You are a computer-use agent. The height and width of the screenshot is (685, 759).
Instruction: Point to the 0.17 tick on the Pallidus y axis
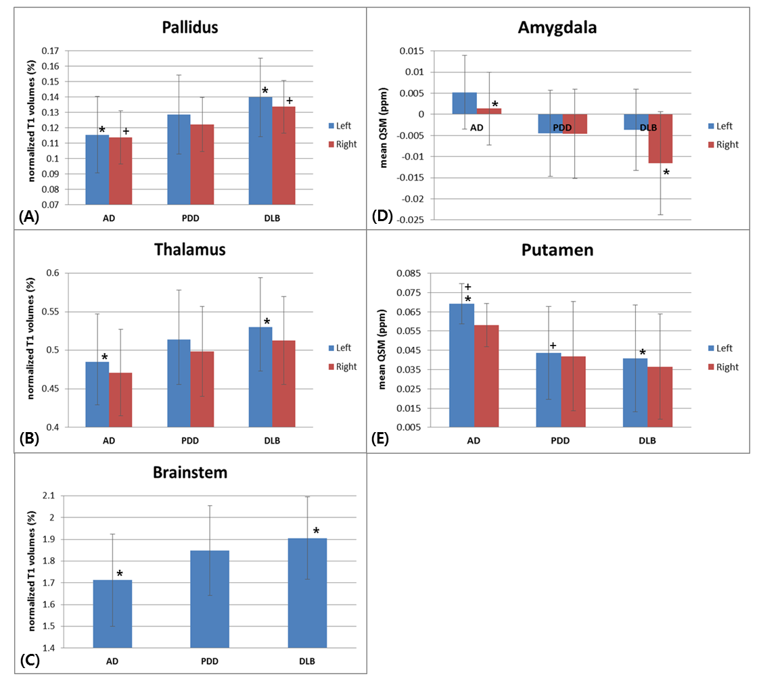50,51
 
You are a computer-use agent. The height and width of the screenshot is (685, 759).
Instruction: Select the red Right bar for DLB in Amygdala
660,139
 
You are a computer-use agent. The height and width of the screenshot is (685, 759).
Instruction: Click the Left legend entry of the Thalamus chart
341,348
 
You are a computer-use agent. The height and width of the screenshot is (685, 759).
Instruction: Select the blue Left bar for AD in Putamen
461,365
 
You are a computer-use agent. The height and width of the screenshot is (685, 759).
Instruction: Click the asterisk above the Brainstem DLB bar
316,532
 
